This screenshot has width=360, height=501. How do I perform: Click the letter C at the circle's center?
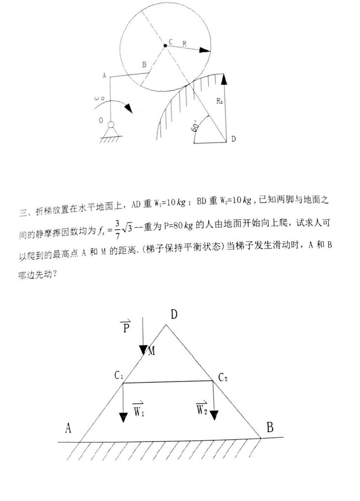(x=170, y=42)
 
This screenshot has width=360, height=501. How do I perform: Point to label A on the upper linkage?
(x=104, y=76)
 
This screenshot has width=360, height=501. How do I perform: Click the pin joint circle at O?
(x=112, y=124)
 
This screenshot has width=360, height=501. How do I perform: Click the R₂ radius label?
(x=220, y=101)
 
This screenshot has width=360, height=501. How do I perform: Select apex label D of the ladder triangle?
(x=174, y=315)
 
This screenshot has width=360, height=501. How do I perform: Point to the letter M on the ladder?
(x=151, y=351)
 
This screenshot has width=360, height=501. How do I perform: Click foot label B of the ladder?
(x=270, y=427)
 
